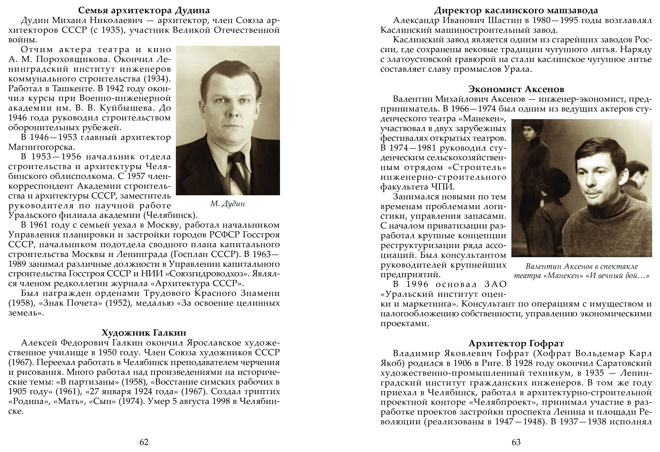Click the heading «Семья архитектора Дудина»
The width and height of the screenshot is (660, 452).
[144, 10]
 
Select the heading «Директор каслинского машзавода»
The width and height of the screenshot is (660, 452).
[516, 10]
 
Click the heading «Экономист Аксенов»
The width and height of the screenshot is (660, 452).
[516, 89]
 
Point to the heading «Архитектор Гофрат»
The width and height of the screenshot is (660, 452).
[516, 343]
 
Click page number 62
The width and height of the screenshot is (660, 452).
[144, 442]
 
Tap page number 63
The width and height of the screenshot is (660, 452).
[516, 442]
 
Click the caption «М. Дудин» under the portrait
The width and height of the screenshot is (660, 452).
[227, 204]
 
